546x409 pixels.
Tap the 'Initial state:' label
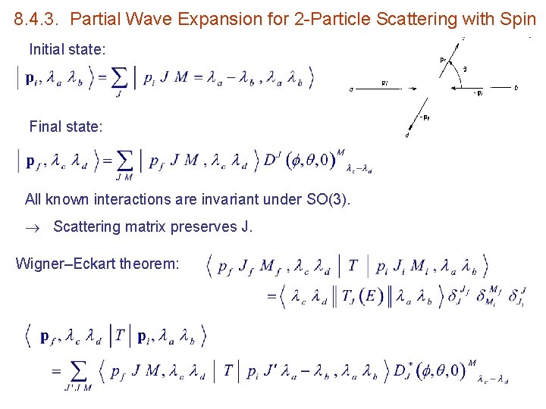pyautogui.click(x=67, y=50)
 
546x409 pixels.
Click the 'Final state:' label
pyautogui.click(x=65, y=126)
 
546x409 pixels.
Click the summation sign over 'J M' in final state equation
pyautogui.click(x=124, y=161)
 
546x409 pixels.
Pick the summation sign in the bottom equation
pyautogui.click(x=79, y=370)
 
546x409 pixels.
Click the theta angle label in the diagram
pyautogui.click(x=464, y=69)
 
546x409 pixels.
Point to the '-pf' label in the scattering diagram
pyautogui.click(x=422, y=117)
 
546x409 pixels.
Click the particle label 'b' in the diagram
pyautogui.click(x=516, y=88)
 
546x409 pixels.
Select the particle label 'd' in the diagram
pyautogui.click(x=407, y=136)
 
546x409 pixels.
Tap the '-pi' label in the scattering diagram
pyautogui.click(x=478, y=93)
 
